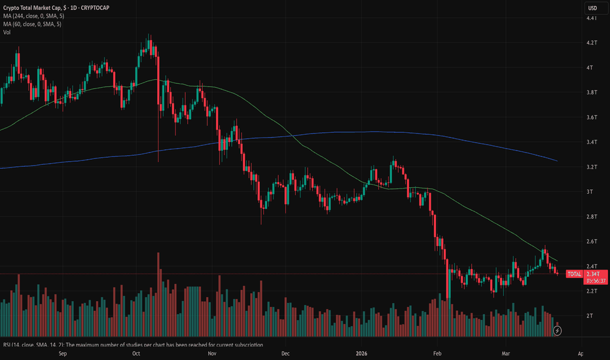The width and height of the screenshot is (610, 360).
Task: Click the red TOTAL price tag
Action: (x=573, y=274)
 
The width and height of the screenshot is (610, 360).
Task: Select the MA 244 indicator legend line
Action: (x=39, y=16)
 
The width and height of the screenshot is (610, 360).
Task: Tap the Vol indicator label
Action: (x=7, y=31)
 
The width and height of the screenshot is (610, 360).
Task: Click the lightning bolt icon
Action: (x=557, y=331)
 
